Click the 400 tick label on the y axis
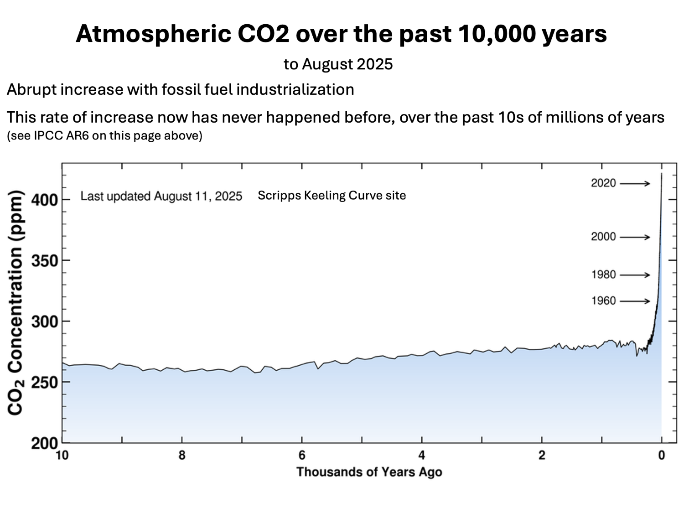[x=44, y=200]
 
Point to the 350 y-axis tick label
[x=44, y=261]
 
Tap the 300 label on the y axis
[x=44, y=321]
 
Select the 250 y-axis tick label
[x=44, y=382]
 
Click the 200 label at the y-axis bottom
[x=44, y=443]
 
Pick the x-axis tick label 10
[x=62, y=455]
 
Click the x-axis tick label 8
[x=182, y=455]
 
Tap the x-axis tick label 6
[x=302, y=455]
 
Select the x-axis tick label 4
[x=422, y=455]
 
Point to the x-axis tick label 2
[x=542, y=455]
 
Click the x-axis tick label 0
[x=662, y=455]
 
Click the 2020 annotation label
[x=603, y=183]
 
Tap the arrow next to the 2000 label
[x=635, y=237]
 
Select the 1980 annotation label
[x=603, y=275]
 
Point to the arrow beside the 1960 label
[x=635, y=301]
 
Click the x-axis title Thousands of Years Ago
[x=369, y=472]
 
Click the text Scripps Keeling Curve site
[x=332, y=196]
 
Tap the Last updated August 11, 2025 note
[x=161, y=196]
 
